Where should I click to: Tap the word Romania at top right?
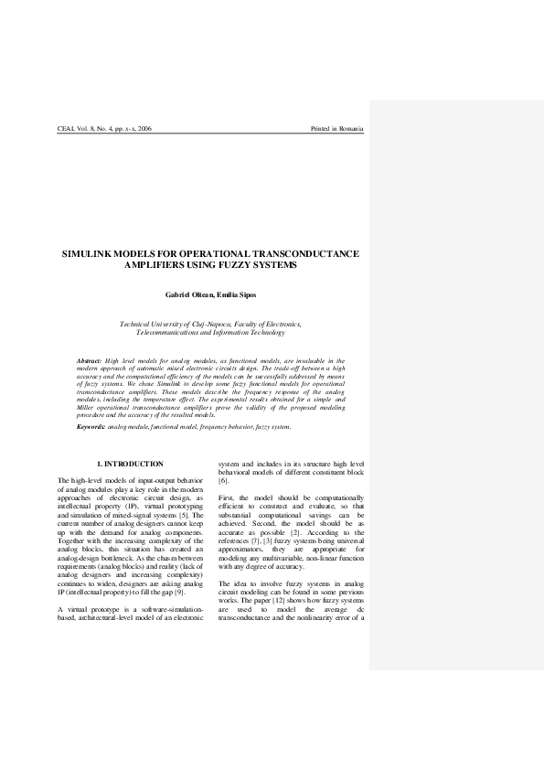coord(351,129)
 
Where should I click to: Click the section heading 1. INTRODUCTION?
coord(131,465)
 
